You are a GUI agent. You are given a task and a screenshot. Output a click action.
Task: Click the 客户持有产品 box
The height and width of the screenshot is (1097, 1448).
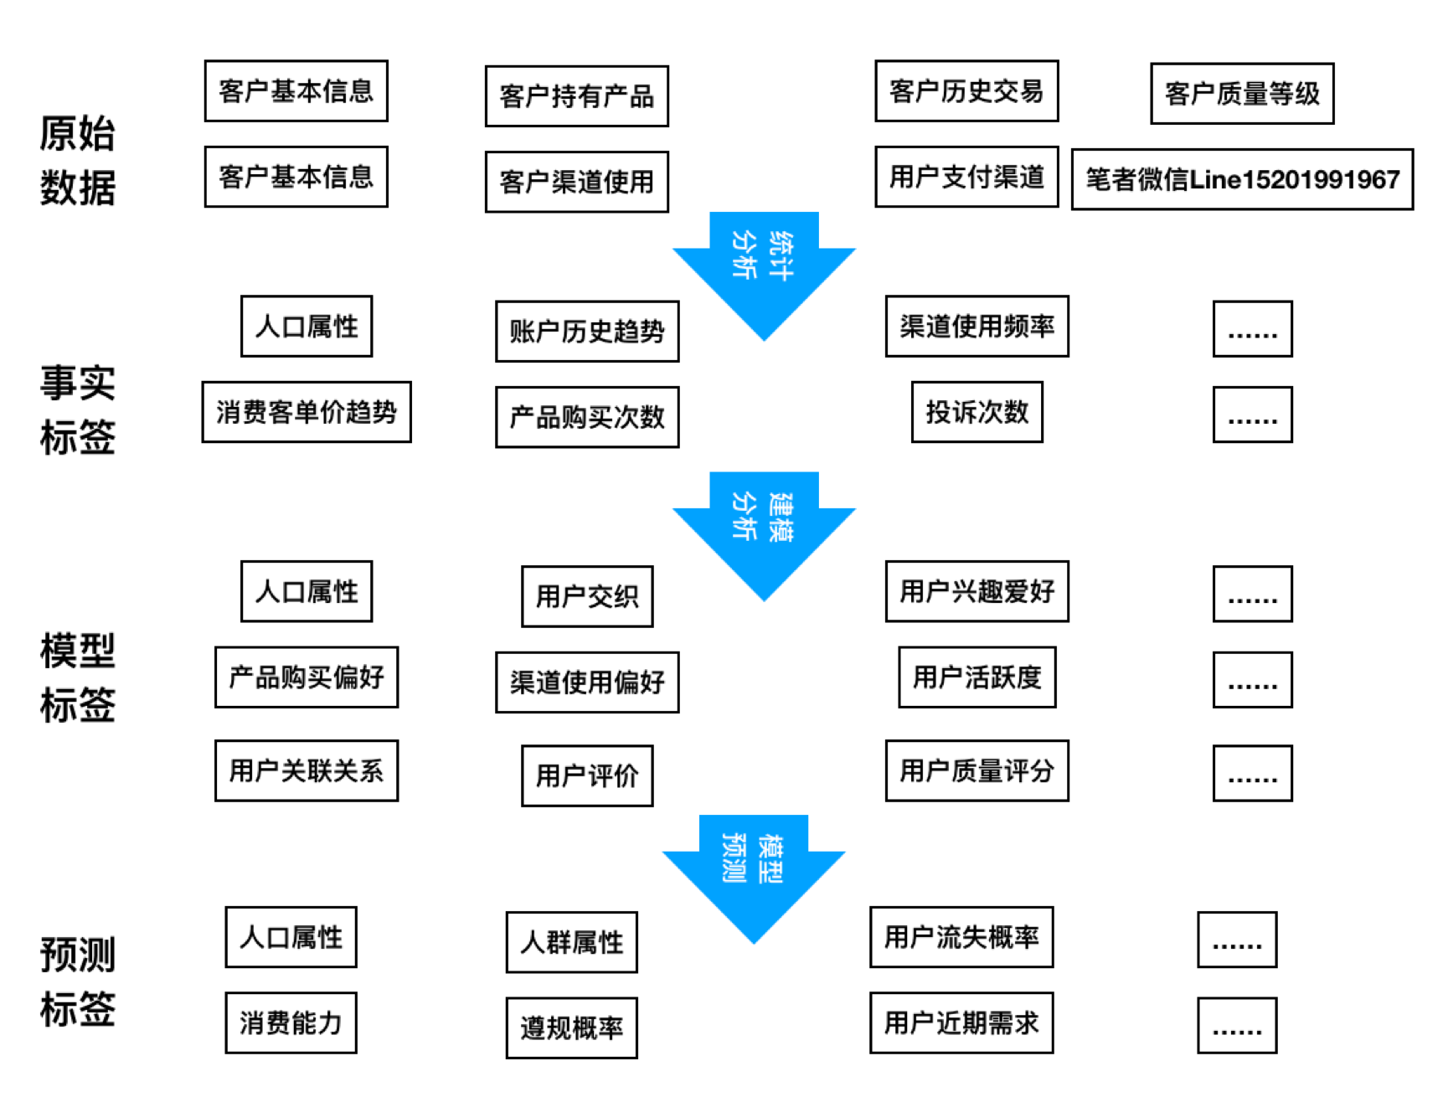pos(576,96)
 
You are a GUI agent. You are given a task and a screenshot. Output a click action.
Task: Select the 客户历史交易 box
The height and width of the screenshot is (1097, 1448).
pos(966,90)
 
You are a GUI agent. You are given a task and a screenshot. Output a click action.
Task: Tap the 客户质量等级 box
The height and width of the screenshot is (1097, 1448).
pos(1242,93)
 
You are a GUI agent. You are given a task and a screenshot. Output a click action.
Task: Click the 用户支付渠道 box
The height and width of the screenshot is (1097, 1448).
pos(966,177)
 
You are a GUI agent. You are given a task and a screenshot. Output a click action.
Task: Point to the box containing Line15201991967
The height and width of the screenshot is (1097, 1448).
pos(1242,179)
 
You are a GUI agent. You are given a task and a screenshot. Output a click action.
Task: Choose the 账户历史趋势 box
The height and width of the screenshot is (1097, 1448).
pos(587,332)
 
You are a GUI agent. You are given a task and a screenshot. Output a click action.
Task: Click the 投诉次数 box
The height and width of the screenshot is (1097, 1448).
pos(976,412)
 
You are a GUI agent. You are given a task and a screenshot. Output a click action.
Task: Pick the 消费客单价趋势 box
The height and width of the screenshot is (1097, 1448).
pos(307,412)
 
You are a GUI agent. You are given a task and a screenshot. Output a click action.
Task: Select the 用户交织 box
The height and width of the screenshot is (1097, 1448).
pos(587,596)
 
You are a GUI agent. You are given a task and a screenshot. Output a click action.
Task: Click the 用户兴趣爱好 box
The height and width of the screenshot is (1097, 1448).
pos(976,591)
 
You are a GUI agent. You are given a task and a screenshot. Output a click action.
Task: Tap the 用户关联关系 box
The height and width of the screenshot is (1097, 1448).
pos(307,770)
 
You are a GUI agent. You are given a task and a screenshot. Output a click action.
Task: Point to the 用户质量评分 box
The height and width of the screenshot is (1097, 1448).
pos(976,770)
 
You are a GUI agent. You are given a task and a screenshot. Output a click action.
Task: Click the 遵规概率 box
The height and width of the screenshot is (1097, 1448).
pos(571,1027)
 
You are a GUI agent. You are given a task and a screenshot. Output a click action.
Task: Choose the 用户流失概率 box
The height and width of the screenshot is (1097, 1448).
pos(961,937)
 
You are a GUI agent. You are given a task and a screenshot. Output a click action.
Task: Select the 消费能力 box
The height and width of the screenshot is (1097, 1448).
pos(291,1022)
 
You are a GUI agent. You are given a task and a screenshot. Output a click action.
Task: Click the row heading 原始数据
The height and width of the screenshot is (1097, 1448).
pos(77,160)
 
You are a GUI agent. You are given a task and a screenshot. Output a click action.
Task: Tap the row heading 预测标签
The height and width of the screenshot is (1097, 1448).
pos(77,981)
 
